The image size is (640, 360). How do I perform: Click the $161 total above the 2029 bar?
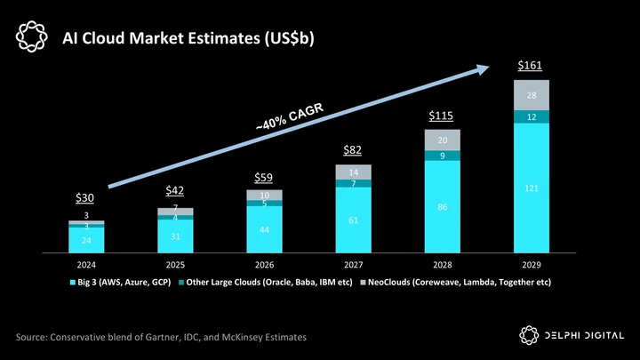coord(530,65)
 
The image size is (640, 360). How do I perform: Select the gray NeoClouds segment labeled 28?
coord(532,95)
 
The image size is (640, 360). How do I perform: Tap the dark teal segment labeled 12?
coord(532,116)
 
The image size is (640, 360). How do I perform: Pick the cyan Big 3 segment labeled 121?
coord(532,188)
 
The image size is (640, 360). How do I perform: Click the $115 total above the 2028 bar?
coord(441,116)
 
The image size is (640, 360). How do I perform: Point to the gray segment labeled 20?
coord(443,140)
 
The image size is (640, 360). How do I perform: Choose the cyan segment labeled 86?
coord(443,206)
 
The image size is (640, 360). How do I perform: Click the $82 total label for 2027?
coord(352,150)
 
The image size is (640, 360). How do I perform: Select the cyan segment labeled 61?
coord(354,220)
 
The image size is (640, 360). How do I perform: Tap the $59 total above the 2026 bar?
coord(264,178)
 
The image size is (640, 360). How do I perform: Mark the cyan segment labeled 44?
coord(265,229)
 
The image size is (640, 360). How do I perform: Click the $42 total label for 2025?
coord(175,190)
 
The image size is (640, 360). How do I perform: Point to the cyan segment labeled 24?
coord(86,240)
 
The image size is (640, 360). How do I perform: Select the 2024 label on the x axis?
coord(86,265)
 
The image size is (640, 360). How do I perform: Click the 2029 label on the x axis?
coord(532,265)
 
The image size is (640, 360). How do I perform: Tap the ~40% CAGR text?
coord(290,116)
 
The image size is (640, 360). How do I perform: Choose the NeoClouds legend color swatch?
coord(363,282)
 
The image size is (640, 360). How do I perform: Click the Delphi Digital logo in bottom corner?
coord(572,335)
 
